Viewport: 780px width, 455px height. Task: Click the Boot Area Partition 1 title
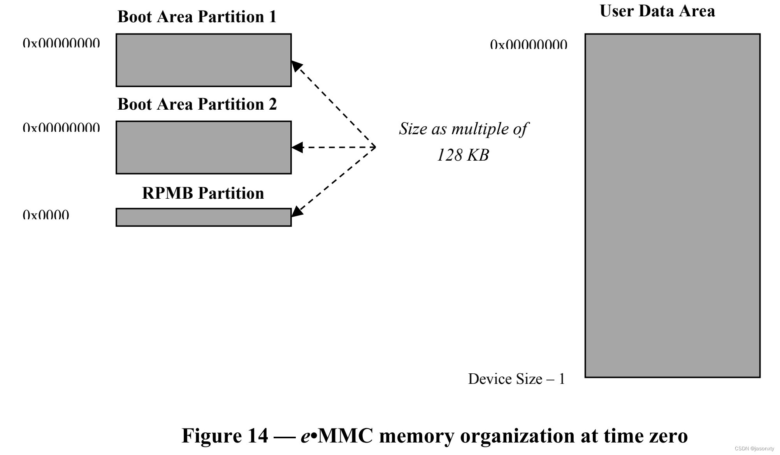(197, 17)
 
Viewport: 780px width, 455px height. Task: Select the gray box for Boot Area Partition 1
(204, 60)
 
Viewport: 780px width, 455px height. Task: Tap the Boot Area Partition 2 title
(197, 104)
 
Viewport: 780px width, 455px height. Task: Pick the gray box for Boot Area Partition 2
(204, 147)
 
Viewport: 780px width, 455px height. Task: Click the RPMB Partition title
(203, 193)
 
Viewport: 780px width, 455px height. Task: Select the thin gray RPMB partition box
(204, 217)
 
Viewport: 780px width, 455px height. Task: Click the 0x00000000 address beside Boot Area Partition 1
(61, 43)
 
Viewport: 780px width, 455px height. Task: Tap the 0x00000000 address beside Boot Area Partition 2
(61, 127)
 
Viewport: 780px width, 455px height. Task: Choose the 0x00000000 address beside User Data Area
(529, 44)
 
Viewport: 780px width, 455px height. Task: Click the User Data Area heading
(657, 11)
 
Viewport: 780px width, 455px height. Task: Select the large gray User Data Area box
(672, 205)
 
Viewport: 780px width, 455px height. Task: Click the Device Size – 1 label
(516, 379)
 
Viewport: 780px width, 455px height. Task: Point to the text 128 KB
(463, 155)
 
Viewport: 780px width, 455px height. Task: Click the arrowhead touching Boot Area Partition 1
(297, 66)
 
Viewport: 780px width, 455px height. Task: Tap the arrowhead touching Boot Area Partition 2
(297, 147)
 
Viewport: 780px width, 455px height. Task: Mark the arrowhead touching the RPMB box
(297, 211)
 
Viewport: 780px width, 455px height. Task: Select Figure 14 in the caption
(225, 435)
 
